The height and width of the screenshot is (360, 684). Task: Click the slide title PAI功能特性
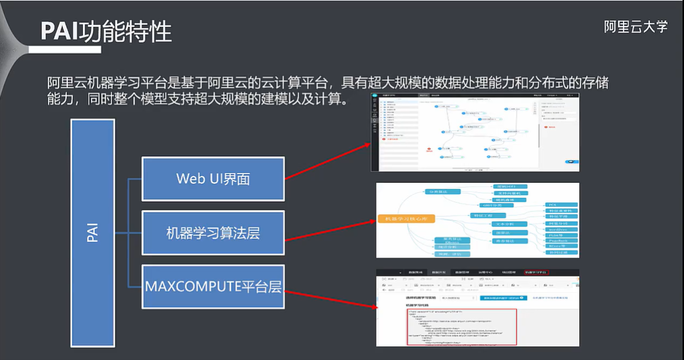click(x=106, y=31)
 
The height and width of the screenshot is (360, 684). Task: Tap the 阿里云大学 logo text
click(x=635, y=27)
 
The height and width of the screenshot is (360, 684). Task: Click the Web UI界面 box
click(x=213, y=178)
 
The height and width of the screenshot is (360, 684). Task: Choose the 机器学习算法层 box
click(x=213, y=233)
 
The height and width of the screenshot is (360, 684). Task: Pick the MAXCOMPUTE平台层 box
click(x=213, y=287)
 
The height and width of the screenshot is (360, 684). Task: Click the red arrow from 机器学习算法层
click(x=330, y=228)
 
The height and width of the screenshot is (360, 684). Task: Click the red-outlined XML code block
click(x=461, y=326)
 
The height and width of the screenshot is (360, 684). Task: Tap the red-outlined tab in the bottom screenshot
click(x=536, y=273)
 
